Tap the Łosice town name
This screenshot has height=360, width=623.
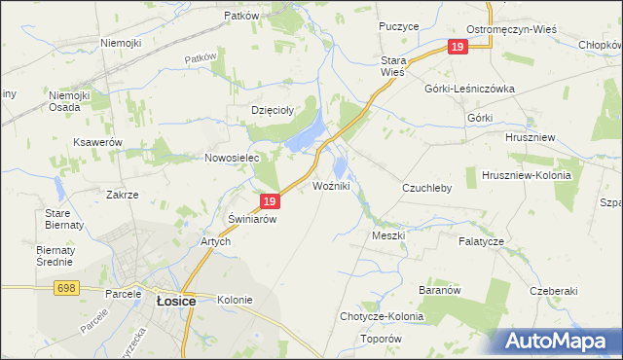click(x=176, y=302)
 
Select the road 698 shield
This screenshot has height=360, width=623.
click(x=66, y=288)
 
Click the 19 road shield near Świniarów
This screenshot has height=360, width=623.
click(x=271, y=201)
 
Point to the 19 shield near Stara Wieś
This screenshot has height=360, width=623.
click(x=458, y=47)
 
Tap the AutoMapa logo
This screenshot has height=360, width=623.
click(x=559, y=341)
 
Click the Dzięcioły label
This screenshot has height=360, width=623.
click(x=272, y=110)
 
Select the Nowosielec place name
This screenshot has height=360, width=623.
click(x=231, y=158)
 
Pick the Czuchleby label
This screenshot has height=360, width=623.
click(x=427, y=188)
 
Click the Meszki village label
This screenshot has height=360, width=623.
click(x=388, y=235)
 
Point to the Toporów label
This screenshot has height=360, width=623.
click(x=381, y=339)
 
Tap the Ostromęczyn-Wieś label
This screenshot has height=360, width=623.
click(x=511, y=29)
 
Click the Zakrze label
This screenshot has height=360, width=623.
click(x=123, y=195)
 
